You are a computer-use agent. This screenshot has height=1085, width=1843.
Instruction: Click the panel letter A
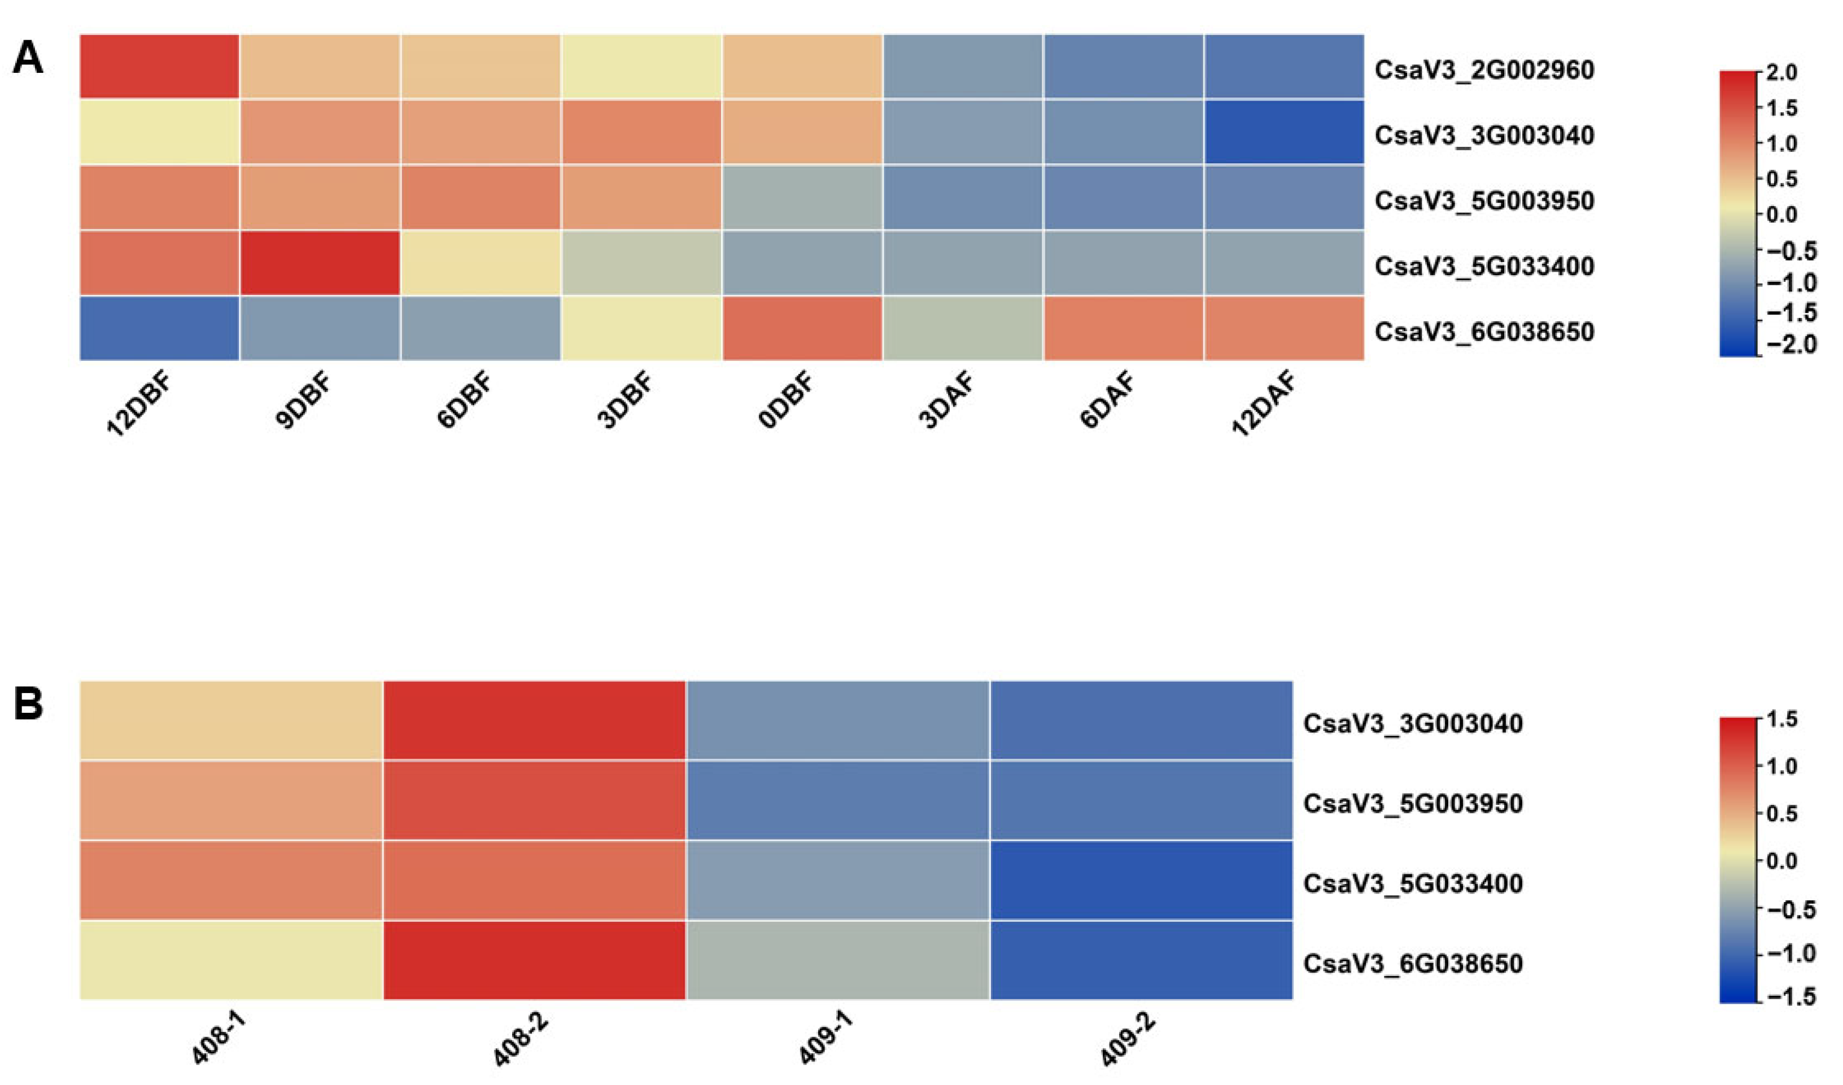[x=28, y=59]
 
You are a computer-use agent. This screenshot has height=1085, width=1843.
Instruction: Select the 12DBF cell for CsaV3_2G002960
[x=159, y=66]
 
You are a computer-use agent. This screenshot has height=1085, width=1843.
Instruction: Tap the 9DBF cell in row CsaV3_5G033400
[x=320, y=263]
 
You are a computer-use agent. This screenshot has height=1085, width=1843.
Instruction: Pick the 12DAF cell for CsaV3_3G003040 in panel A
[x=1283, y=132]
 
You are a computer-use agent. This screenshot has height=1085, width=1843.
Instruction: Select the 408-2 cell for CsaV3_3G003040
[x=535, y=721]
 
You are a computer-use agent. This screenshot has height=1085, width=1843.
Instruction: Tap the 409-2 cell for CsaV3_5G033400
[x=1141, y=880]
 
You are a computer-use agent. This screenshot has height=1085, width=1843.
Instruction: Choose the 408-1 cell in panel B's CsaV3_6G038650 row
[x=231, y=960]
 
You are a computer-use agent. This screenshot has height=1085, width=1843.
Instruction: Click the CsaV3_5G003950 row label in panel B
[x=1413, y=803]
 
